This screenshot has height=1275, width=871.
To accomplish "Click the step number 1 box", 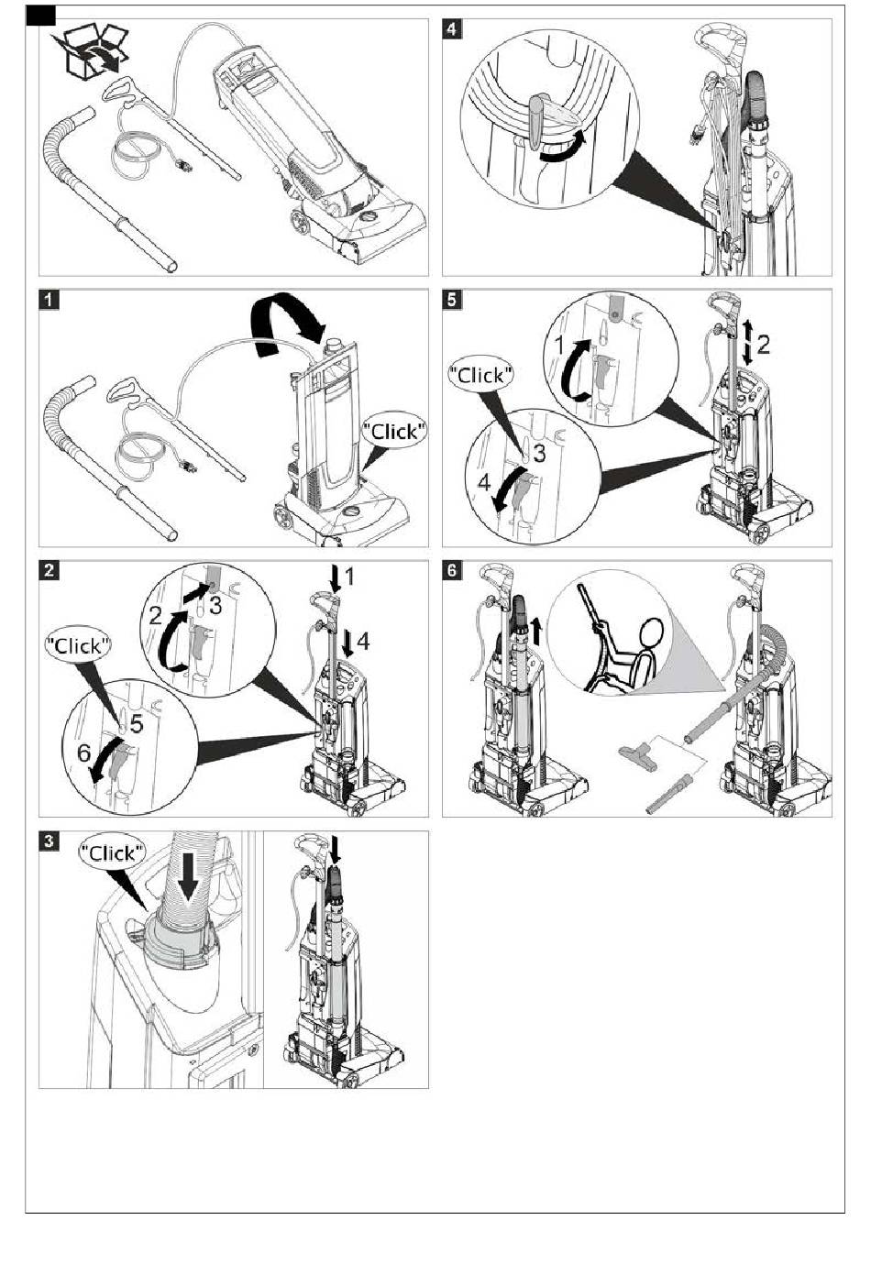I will point(50,299).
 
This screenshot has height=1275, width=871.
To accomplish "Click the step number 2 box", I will point(50,569).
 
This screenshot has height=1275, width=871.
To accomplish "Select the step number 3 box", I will point(50,841).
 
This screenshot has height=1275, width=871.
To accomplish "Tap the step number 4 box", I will point(452,28).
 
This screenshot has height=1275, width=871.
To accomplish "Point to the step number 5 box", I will point(452,299).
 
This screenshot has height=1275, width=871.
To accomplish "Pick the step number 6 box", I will point(452,569).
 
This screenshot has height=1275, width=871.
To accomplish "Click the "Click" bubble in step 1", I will point(394,431).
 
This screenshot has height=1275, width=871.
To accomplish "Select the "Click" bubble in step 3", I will point(113,852).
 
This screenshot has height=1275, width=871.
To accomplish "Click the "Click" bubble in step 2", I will point(79,645).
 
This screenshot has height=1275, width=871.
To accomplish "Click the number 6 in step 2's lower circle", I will point(83,753).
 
